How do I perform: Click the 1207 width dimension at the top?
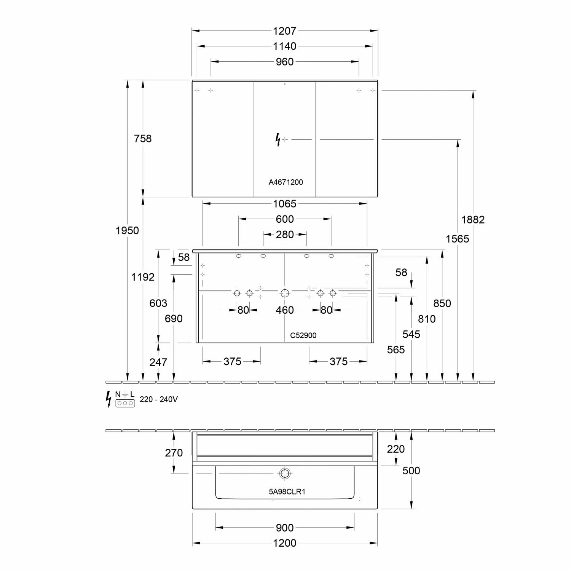[x=284, y=31]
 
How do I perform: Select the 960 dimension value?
[x=284, y=62]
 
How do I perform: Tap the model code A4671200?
[x=285, y=182]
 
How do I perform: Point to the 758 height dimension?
[x=143, y=139]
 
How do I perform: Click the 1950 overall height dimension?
[x=127, y=230]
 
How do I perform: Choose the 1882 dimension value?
[x=473, y=220]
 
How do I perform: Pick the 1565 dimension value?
[x=457, y=239]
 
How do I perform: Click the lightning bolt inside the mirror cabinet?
[x=278, y=140]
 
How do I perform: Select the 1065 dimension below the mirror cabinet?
[x=284, y=204]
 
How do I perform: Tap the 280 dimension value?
[x=285, y=234]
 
